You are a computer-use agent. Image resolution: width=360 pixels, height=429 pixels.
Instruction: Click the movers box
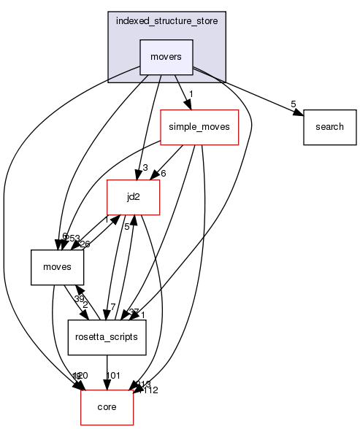tap(166, 56)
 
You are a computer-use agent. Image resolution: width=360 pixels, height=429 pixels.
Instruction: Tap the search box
tap(329, 126)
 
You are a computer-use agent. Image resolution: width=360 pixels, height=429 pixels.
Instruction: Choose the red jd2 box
tap(134, 196)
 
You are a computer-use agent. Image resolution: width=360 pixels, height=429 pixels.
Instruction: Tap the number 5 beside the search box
tap(294, 104)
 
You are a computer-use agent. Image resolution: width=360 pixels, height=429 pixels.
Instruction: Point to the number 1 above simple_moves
tap(191, 94)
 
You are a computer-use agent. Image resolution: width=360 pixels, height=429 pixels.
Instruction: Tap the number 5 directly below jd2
tap(126, 227)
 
